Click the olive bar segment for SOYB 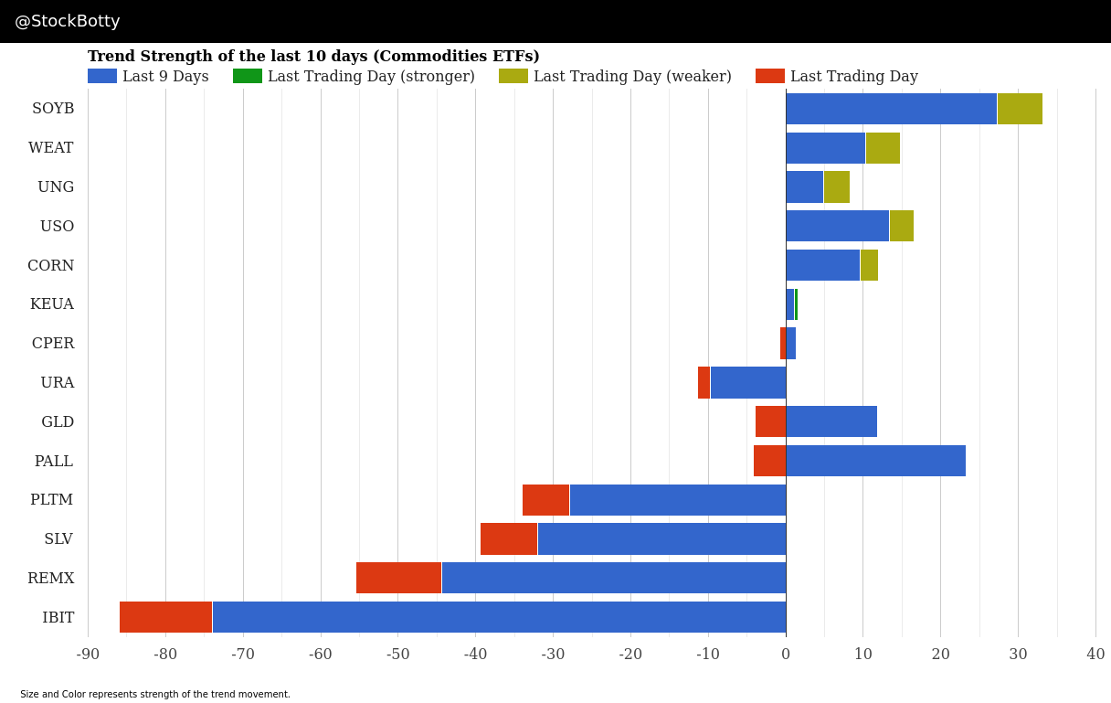tap(1020, 109)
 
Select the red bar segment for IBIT tap(165, 617)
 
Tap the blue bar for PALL tap(875, 461)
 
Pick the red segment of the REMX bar tap(398, 578)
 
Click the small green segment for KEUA tap(796, 304)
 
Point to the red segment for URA tap(704, 382)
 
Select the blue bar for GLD tap(831, 421)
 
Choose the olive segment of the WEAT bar tap(883, 148)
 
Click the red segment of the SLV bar tap(509, 538)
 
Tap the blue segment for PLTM tap(677, 500)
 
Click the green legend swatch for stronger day tap(248, 76)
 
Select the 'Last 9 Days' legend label tap(165, 77)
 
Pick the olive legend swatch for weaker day tap(513, 76)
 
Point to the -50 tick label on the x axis tap(397, 655)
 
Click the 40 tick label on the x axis tap(1095, 655)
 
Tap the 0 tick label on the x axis tap(786, 655)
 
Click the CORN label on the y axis tap(51, 266)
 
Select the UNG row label tap(56, 187)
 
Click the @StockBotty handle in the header tap(68, 21)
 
